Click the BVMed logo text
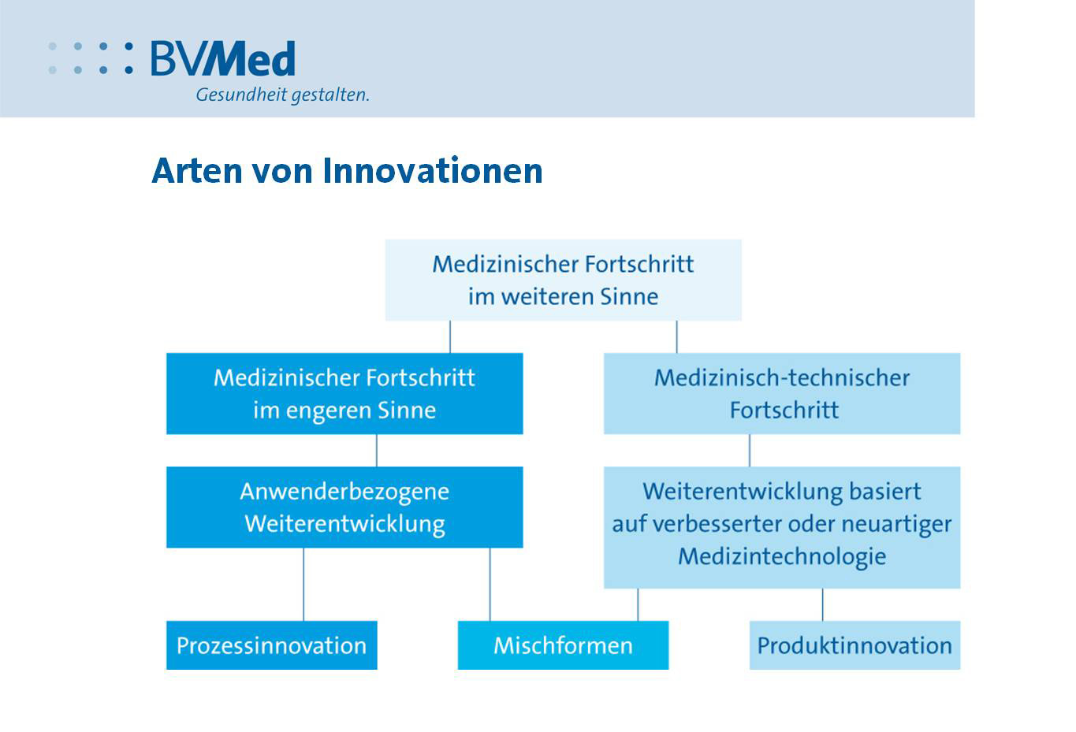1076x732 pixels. [223, 58]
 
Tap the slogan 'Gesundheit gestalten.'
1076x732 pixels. [282, 95]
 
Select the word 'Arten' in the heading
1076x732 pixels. [197, 171]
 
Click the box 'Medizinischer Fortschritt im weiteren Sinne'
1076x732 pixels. [563, 280]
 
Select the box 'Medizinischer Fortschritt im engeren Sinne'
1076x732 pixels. [344, 394]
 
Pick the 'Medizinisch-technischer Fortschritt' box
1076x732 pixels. [782, 394]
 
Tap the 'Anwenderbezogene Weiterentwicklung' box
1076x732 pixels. [344, 507]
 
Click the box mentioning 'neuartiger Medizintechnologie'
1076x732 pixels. [782, 527]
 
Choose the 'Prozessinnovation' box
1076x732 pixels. [272, 645]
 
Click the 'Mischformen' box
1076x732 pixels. [563, 645]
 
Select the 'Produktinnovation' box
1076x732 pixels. [855, 645]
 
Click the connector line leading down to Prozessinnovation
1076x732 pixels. [303, 585]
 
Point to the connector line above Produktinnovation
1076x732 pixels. [823, 605]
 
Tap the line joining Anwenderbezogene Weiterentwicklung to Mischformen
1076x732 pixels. [490, 585]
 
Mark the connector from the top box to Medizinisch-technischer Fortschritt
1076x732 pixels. [677, 337]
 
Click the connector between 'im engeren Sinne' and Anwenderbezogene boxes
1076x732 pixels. [377, 450]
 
